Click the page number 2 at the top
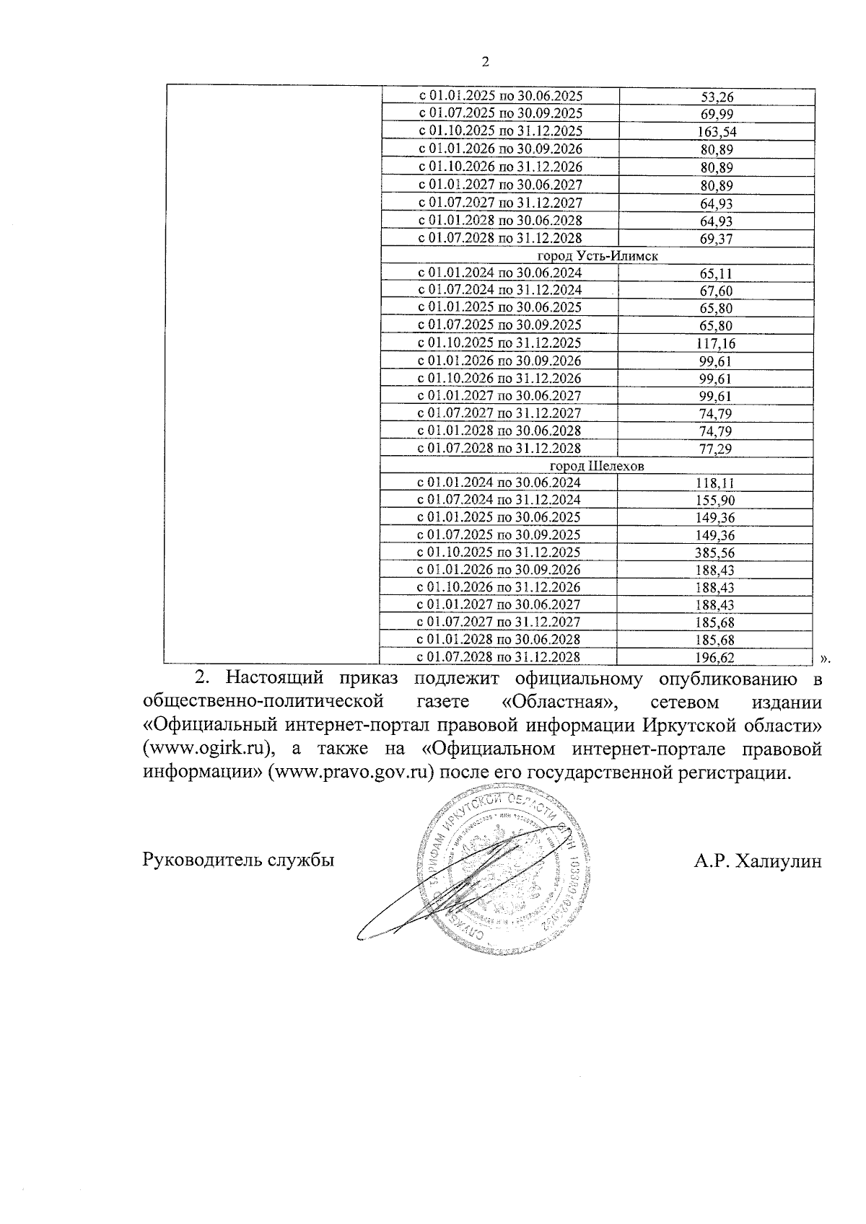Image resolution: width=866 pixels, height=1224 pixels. [x=485, y=63]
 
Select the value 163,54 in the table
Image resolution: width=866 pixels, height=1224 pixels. [x=717, y=132]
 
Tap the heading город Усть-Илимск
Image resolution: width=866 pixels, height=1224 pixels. [x=598, y=256]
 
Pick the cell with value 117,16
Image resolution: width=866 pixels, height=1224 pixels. [x=717, y=344]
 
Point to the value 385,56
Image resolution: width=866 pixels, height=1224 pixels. [x=717, y=553]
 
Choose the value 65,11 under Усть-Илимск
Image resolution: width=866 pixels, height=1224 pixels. [x=717, y=274]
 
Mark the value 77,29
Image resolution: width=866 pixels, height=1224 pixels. [x=717, y=449]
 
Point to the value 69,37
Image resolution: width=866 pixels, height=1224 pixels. [x=717, y=239]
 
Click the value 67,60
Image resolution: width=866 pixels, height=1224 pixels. [x=717, y=291]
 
